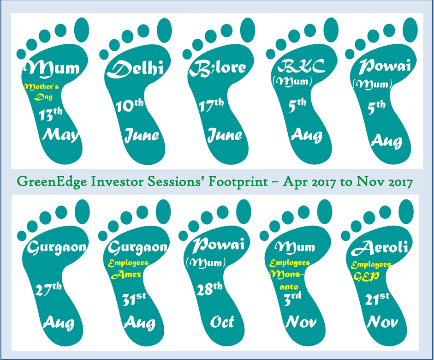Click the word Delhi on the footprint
(135, 69)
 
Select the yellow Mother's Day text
(42, 92)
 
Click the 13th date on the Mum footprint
(51, 114)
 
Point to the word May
(60, 135)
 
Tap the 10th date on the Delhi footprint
(130, 105)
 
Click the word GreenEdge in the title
(53, 182)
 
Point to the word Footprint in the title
(238, 182)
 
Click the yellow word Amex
(126, 275)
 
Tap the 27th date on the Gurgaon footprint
(48, 289)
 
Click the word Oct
(222, 322)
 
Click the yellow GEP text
(366, 276)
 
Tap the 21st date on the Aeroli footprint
(377, 299)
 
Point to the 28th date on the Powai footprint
(209, 289)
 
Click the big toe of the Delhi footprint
(164, 30)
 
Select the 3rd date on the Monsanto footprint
(292, 299)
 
